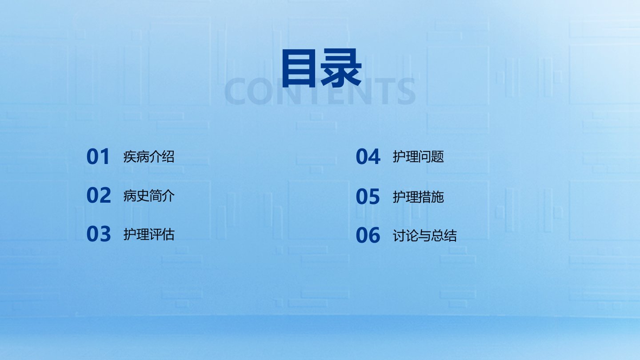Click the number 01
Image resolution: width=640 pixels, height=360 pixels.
click(98, 156)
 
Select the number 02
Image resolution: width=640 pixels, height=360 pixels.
click(99, 195)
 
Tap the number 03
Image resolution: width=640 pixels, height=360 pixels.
click(99, 234)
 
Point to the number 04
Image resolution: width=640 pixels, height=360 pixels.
click(368, 156)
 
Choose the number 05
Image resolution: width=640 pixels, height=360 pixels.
click(368, 196)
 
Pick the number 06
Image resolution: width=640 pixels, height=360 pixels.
click(368, 235)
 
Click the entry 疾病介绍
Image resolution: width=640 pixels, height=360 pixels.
click(149, 156)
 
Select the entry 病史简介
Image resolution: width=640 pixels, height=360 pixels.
click(149, 196)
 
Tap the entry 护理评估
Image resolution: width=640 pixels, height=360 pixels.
click(149, 234)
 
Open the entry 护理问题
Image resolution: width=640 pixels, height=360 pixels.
click(418, 156)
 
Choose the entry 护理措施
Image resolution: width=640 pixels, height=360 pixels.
click(418, 197)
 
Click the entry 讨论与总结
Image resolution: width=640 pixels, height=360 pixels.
click(424, 236)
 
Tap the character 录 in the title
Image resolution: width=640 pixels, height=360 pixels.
click(341, 68)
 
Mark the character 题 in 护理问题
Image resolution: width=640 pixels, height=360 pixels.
click(438, 156)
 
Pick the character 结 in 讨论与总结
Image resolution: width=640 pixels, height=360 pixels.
click(450, 236)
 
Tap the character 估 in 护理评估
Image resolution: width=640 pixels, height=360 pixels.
click(168, 234)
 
